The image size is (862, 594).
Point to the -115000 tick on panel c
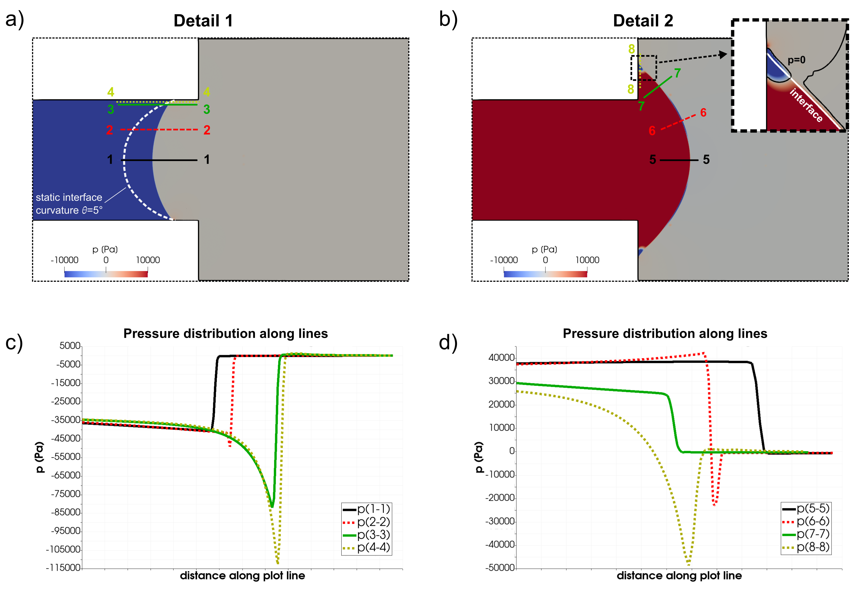point(63,568)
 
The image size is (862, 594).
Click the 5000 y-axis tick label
point(70,346)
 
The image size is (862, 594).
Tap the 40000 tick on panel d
point(502,358)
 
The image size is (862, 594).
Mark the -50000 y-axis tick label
point(500,568)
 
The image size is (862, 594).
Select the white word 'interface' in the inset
point(806,105)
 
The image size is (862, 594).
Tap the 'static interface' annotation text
point(69,197)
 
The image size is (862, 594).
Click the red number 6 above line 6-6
point(703,112)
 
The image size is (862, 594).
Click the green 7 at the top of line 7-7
point(677,73)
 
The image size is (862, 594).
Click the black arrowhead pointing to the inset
point(723,55)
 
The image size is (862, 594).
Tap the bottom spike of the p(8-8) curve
point(689,564)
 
